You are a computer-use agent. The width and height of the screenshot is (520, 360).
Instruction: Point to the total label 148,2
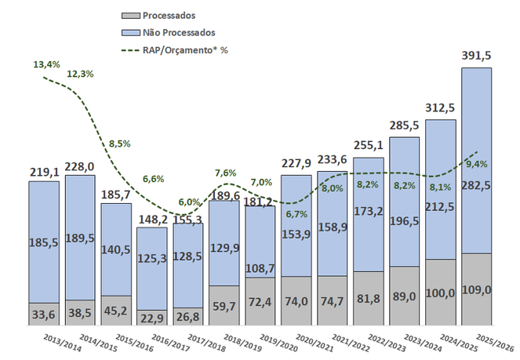coord(152,217)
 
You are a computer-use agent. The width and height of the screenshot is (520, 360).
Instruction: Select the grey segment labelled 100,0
coord(440,290)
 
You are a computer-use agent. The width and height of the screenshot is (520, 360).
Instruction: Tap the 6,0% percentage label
coord(188,202)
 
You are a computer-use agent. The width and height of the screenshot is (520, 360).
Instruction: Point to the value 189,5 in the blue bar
coord(80,237)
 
